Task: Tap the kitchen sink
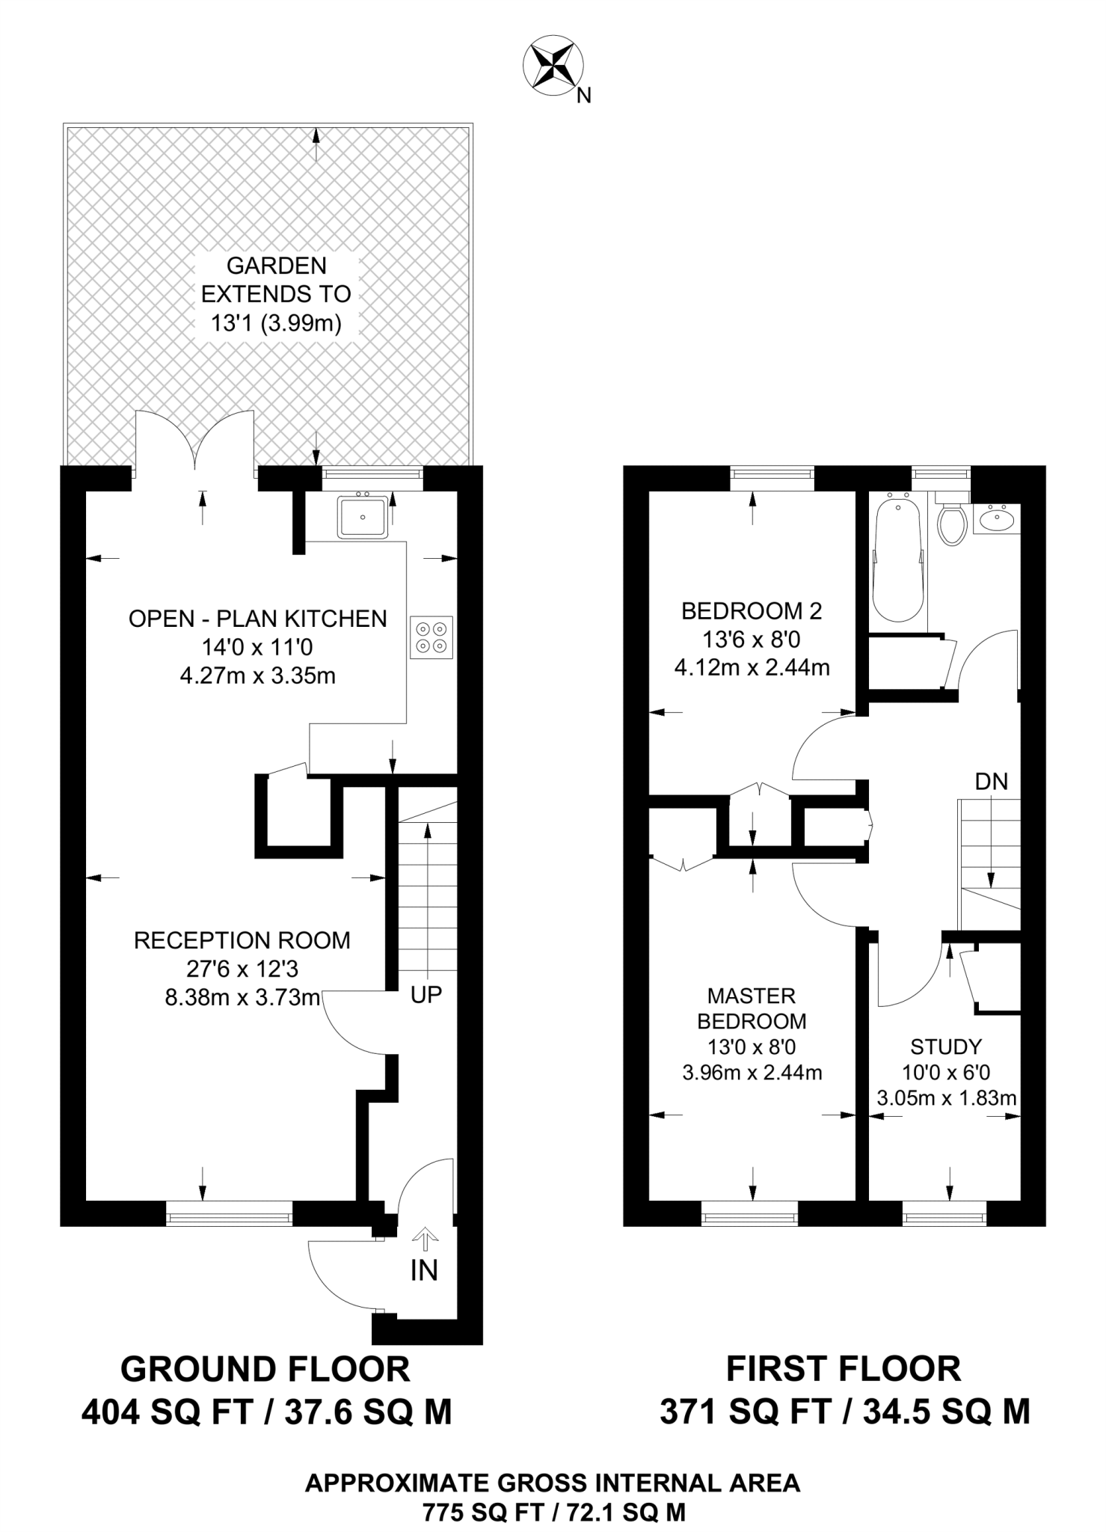pyautogui.click(x=363, y=516)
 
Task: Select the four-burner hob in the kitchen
pyautogui.click(x=431, y=637)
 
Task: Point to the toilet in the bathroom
pyautogui.click(x=952, y=523)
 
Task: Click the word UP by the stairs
pyautogui.click(x=426, y=994)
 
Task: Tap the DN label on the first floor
pyautogui.click(x=992, y=782)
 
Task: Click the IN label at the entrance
pyautogui.click(x=424, y=1271)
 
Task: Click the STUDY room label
pyautogui.click(x=946, y=1047)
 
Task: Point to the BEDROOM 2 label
pyautogui.click(x=752, y=611)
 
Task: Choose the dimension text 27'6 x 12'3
pyautogui.click(x=242, y=969)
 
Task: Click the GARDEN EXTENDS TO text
pyautogui.click(x=277, y=280)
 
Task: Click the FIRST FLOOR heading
pyautogui.click(x=844, y=1370)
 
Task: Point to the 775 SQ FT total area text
pyautogui.click(x=553, y=1513)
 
